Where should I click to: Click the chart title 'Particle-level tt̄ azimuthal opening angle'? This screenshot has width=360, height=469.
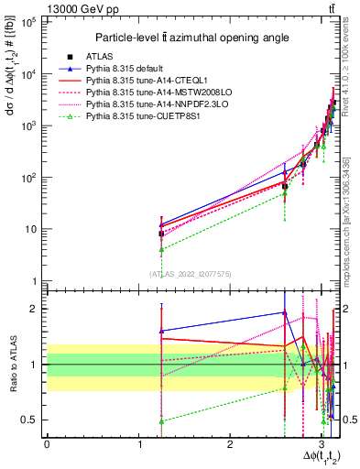[x=192, y=38]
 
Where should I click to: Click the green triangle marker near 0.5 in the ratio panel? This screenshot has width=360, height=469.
[x=161, y=421]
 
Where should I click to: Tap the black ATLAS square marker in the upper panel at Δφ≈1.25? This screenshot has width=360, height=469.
[x=161, y=234]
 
